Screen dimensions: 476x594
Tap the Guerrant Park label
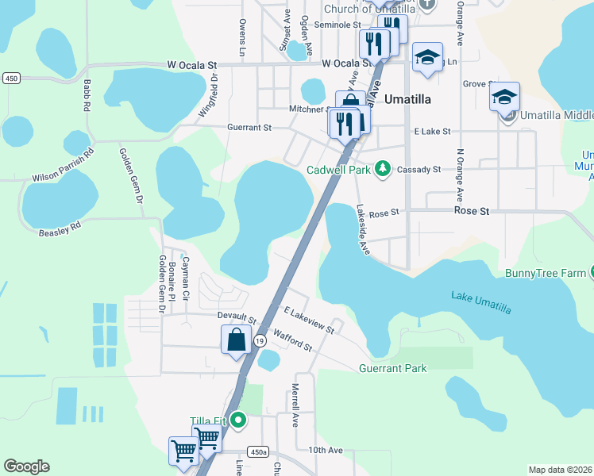[x=392, y=368]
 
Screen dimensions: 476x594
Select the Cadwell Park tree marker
[x=383, y=168]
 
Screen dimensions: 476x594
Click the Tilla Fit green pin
[x=236, y=420]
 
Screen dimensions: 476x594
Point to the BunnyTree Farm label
[x=546, y=274]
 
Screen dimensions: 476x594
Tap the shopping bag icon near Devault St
[x=237, y=341]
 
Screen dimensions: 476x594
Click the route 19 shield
[x=260, y=340]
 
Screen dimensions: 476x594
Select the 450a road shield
[x=257, y=451]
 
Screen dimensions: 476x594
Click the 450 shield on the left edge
[x=11, y=78]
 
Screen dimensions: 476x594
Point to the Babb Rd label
[x=85, y=95]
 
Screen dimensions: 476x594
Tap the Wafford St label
[x=292, y=340]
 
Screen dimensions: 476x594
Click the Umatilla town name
[x=407, y=99]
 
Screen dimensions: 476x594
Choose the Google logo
[x=26, y=466]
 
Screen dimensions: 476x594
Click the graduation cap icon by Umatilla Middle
[x=504, y=98]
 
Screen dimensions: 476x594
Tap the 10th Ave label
[x=325, y=450]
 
